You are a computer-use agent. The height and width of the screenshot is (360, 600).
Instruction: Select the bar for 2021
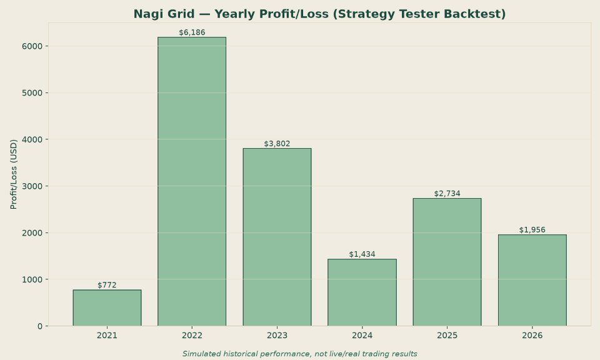(107, 308)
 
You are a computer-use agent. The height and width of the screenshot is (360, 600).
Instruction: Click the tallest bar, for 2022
(192, 181)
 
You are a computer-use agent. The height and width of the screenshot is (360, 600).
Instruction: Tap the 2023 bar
(277, 237)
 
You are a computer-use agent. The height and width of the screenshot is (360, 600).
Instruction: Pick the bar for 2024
(362, 292)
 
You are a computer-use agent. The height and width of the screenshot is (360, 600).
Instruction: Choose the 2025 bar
(447, 262)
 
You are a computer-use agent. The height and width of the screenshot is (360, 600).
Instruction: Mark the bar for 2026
(532, 281)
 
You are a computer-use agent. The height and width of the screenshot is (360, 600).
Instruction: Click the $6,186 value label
(192, 32)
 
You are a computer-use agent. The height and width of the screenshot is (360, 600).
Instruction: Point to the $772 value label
(107, 285)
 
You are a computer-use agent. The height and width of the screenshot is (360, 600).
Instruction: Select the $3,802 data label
(277, 144)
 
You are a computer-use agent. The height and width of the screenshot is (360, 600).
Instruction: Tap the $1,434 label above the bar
(362, 254)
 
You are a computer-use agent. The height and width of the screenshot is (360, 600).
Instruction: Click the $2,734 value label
(447, 194)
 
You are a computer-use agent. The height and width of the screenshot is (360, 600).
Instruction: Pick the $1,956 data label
(532, 230)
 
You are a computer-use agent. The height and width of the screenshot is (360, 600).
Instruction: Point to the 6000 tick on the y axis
(32, 46)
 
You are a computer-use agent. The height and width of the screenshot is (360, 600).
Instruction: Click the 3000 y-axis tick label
(32, 186)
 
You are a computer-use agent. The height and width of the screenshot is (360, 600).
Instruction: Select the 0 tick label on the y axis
(40, 326)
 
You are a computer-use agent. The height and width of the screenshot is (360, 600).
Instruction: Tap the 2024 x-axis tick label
(362, 336)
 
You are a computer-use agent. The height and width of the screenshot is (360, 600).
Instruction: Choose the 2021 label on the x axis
(107, 336)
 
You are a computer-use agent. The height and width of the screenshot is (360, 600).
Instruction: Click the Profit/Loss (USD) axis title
(14, 174)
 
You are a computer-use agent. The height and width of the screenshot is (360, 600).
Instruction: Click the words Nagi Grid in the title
(164, 14)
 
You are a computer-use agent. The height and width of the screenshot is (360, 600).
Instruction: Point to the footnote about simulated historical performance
(299, 354)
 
